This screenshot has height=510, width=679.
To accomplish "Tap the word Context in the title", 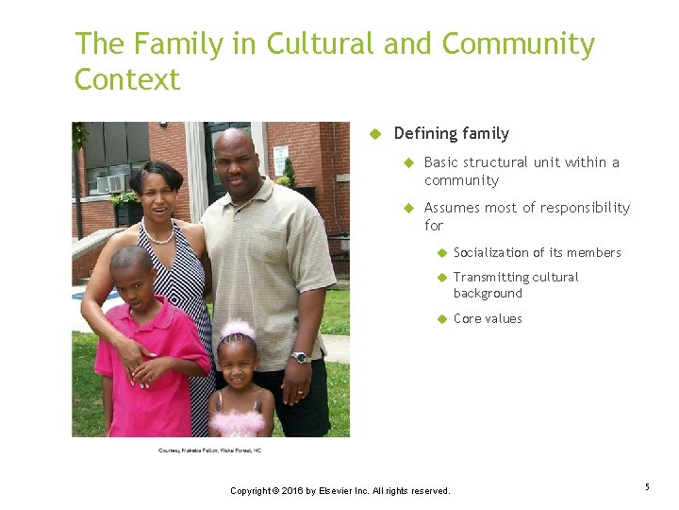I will tap(127, 80).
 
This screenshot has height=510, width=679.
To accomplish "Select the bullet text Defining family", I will tap(451, 133).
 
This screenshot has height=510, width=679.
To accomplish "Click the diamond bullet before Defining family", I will tap(374, 133).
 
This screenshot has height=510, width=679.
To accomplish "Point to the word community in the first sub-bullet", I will tap(461, 180).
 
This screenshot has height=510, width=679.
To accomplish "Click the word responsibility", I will tap(574, 208).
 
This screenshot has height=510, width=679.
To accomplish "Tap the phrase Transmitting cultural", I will tap(516, 277).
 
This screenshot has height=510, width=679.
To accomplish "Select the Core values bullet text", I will tap(488, 318).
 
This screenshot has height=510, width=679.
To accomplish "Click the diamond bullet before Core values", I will tap(440, 318).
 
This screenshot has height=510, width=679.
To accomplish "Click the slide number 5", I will tap(647, 486).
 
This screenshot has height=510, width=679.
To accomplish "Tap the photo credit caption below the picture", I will tap(209, 450).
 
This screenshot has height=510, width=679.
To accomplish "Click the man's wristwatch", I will tap(300, 357).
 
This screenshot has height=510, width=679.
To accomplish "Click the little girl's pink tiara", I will tap(237, 329).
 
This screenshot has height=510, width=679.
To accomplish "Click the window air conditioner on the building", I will tap(111, 182).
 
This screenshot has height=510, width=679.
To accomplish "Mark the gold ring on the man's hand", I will tap(301, 392).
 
